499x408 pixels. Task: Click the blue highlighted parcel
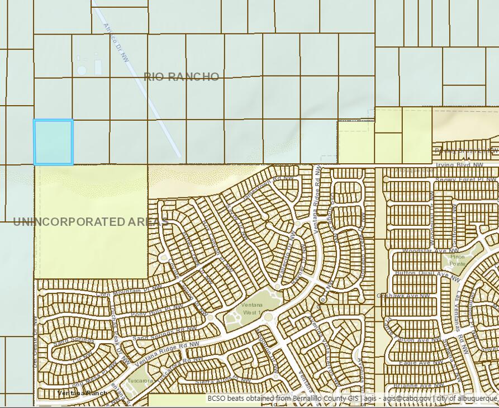[x=53, y=142]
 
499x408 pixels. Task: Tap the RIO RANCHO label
[x=181, y=77]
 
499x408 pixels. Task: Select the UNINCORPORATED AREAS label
[x=90, y=222]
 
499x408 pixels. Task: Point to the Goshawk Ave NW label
[x=403, y=295]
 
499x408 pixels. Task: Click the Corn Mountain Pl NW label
[x=129, y=290]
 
